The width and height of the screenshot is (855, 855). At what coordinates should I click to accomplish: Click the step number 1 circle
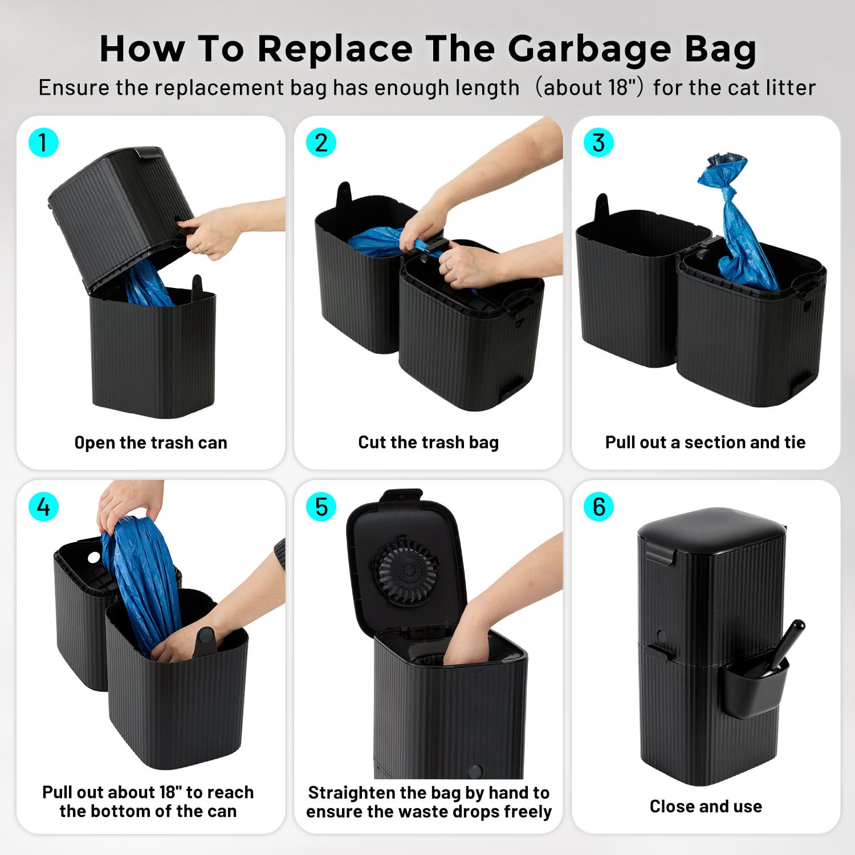(43, 142)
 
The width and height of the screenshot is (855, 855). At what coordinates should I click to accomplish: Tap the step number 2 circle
(321, 142)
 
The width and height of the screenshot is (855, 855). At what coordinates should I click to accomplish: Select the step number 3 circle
(598, 142)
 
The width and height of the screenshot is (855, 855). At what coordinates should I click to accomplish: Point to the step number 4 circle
(43, 506)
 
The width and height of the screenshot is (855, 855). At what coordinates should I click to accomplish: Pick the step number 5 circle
(321, 506)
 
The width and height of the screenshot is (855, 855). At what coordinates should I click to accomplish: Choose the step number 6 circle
(598, 506)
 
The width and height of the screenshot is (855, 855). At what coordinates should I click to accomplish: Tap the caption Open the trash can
(150, 443)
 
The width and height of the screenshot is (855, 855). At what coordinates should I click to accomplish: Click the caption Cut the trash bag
(428, 442)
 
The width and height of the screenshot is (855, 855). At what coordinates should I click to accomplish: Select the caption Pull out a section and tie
(705, 442)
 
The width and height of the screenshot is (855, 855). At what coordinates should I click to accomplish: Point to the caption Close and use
(706, 806)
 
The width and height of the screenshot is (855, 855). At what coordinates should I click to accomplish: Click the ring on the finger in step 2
(448, 266)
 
